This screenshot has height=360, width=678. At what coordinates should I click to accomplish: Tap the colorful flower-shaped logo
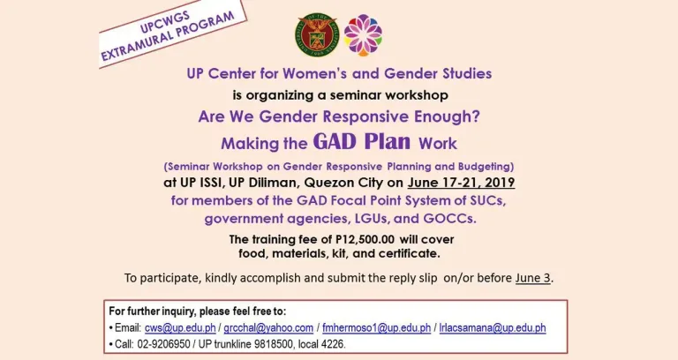point(362,34)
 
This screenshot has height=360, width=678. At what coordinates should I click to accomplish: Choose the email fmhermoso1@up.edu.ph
point(375,328)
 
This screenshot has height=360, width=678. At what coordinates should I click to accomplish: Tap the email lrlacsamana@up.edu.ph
point(493,328)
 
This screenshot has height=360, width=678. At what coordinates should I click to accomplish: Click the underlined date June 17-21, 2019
point(462,183)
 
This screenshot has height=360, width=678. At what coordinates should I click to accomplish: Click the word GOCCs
point(448,218)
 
